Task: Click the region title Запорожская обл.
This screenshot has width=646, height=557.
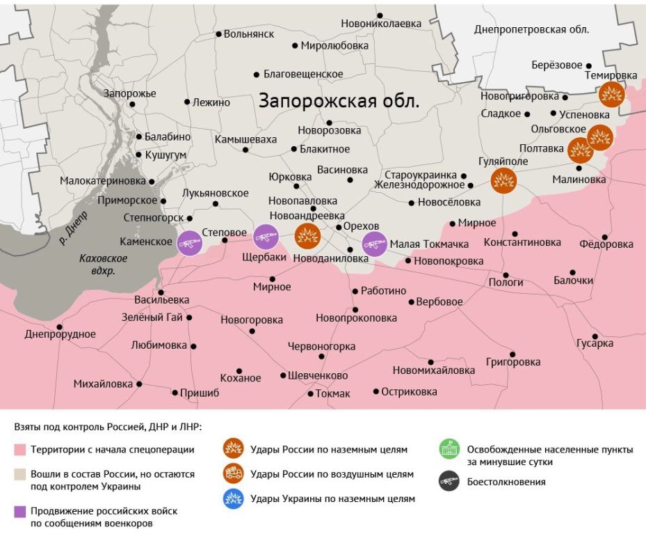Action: pyautogui.click(x=339, y=100)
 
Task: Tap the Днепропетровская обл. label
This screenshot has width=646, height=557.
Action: pyautogui.click(x=531, y=29)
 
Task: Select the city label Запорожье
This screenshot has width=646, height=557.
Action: pyautogui.click(x=129, y=93)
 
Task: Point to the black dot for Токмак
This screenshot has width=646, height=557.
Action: pyautogui.click(x=310, y=394)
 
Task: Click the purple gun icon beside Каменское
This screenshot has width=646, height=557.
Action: pyautogui.click(x=189, y=243)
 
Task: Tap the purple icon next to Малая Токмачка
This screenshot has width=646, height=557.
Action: pyautogui.click(x=375, y=244)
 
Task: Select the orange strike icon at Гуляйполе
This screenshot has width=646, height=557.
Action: pyautogui.click(x=503, y=180)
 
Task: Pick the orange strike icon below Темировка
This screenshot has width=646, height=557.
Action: pyautogui.click(x=612, y=93)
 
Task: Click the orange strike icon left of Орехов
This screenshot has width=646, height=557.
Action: pyautogui.click(x=307, y=237)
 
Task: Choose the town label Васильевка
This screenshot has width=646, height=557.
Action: pyautogui.click(x=161, y=299)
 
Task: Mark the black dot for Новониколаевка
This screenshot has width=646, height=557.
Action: pyautogui.click(x=380, y=15)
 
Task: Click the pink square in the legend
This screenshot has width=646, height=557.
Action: pyautogui.click(x=21, y=450)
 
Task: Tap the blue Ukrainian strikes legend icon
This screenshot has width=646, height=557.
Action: pyautogui.click(x=233, y=499)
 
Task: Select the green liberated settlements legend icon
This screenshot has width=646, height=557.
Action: pyautogui.click(x=449, y=449)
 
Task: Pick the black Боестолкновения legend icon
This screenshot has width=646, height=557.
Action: pyautogui.click(x=449, y=481)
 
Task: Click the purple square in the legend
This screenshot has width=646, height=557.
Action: pyautogui.click(x=21, y=512)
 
